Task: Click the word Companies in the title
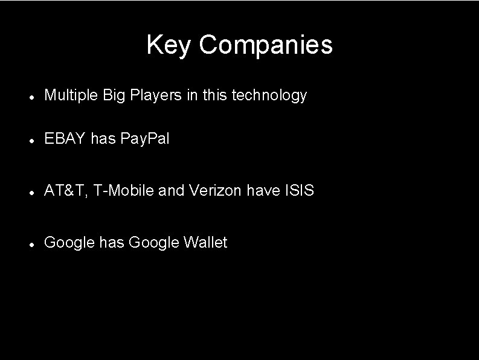point(265,45)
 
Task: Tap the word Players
point(153,95)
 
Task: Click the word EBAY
point(65,140)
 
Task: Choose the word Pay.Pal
point(145,140)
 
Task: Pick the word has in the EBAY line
point(103,140)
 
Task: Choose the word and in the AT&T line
point(172,191)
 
